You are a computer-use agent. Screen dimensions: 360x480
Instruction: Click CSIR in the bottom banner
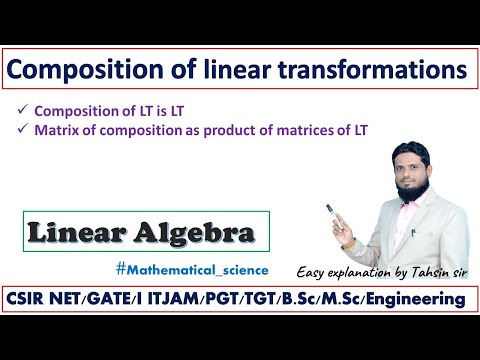point(38,299)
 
